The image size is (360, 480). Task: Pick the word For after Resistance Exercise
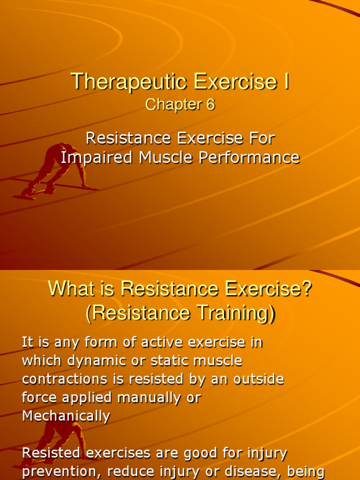[261, 138]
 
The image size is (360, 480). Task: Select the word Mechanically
[66, 416]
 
